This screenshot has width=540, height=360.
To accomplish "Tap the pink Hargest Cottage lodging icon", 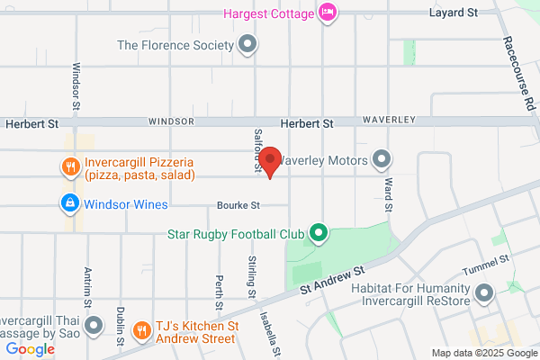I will coord(328,13).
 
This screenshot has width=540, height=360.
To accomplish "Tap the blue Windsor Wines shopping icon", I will coord(69,204).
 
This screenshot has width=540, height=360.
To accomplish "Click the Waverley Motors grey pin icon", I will coord(382,161).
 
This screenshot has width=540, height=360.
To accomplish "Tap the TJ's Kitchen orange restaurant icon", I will coord(141,330).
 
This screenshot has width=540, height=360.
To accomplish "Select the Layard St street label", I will coord(453,13).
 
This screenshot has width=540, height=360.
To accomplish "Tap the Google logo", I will coord(30,349).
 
